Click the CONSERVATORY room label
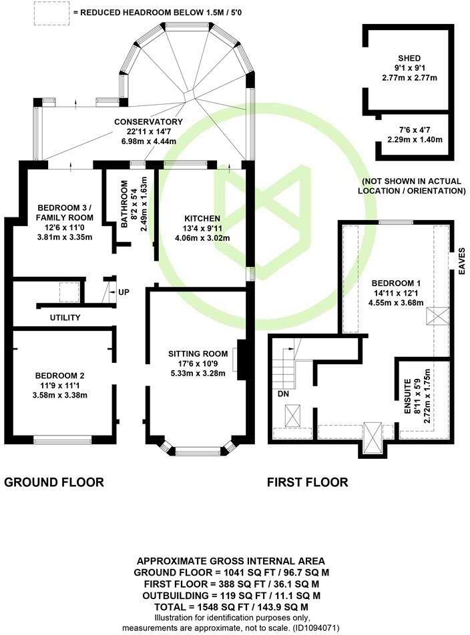pyautogui.click(x=148, y=122)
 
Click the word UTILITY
pyautogui.click(x=65, y=317)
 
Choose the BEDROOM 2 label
pyautogui.click(x=61, y=375)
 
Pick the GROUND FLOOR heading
pyautogui.click(x=54, y=482)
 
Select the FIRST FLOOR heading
pyautogui.click(x=307, y=482)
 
